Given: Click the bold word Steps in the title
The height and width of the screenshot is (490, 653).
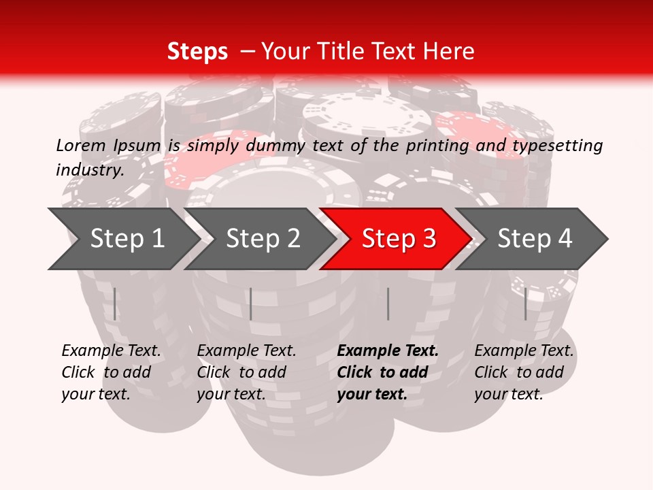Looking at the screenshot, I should (197, 52).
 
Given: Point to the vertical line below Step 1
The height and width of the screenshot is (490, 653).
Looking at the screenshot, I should (115, 304).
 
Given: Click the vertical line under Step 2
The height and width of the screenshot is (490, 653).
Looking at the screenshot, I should (251, 304).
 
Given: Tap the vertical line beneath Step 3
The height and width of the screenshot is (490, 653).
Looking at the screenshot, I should (388, 304).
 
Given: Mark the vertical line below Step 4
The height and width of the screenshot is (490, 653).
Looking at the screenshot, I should (525, 304).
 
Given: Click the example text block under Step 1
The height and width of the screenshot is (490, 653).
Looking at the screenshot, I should (111, 372).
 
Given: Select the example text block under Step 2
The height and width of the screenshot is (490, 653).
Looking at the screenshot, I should (246, 372).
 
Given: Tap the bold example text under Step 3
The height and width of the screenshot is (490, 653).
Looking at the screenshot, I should (388, 372).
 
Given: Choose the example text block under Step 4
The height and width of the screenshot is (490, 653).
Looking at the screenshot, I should (524, 372).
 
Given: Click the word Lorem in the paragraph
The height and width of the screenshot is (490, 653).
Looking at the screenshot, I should (80, 146).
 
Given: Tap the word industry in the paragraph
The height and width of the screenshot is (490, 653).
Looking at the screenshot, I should (89, 170).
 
